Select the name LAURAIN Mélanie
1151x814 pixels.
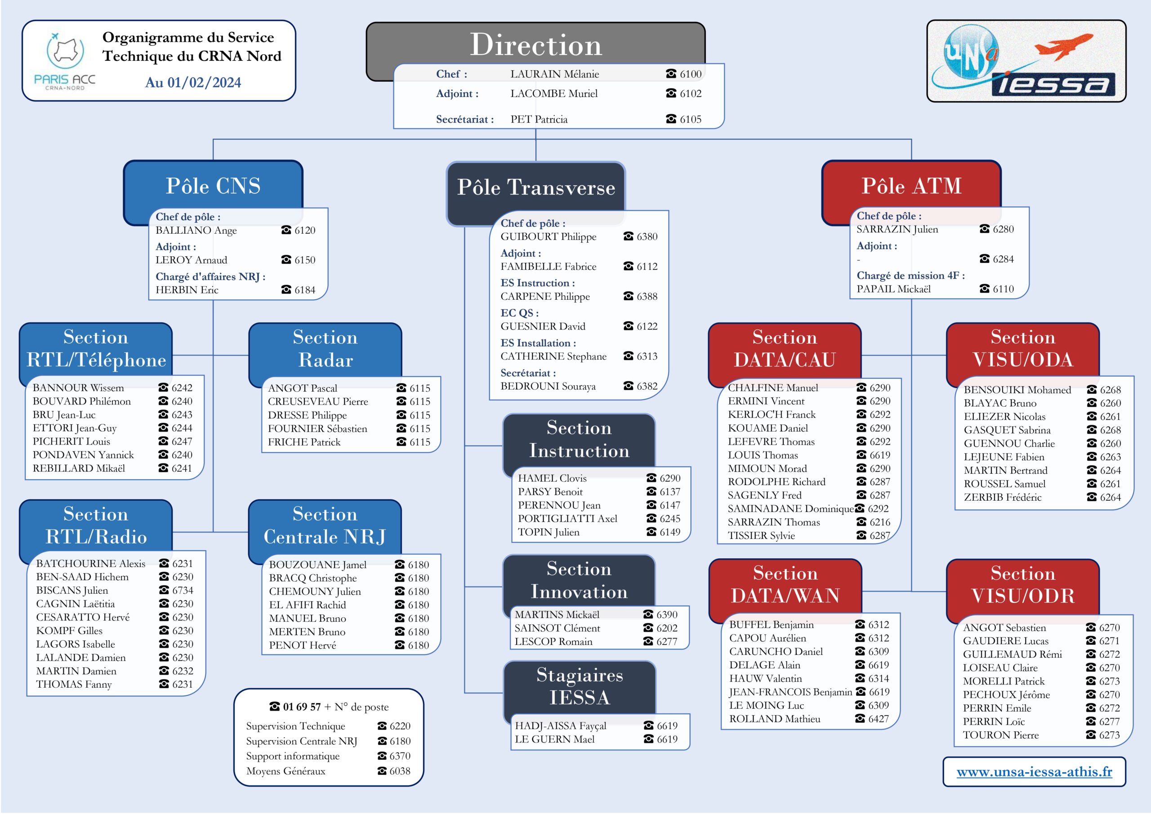[554, 74]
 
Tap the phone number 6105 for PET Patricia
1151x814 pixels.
[690, 119]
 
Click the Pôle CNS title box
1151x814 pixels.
[213, 186]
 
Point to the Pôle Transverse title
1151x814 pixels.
[536, 187]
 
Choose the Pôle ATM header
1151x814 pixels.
[911, 186]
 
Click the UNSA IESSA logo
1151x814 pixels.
[1026, 61]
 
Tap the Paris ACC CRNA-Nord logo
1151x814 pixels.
[65, 61]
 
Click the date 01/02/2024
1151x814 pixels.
[204, 83]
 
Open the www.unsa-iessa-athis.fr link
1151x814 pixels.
[1034, 772]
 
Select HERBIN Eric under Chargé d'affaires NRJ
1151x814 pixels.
[187, 290]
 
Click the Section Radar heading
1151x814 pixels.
[326, 349]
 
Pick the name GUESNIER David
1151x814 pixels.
[543, 326]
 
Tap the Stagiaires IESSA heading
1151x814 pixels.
[580, 686]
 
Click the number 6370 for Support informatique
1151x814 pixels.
[400, 756]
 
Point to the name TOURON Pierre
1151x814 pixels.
[1001, 735]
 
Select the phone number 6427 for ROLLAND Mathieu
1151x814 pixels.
[879, 719]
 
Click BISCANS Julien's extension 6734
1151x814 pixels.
[183, 591]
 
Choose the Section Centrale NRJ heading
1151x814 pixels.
[325, 526]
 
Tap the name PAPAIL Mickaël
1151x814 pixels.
[893, 289]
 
